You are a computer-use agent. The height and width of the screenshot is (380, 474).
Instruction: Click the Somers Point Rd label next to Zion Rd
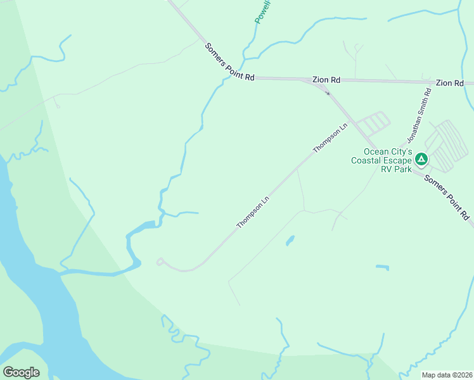pos(229,61)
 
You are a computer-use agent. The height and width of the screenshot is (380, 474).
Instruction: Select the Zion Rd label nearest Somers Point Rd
pos(326,80)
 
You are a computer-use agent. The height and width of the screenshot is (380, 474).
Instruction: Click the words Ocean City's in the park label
pos(388,152)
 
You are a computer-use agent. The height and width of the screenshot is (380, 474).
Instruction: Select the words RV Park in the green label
pos(396,169)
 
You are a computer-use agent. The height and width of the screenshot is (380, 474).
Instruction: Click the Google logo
pos(21,372)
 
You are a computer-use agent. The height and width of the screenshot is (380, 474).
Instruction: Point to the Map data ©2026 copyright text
pos(447,375)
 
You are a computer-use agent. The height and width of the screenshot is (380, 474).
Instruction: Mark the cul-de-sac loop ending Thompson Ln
pos(160,261)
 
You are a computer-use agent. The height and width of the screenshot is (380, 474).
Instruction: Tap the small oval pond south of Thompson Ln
pos(290,241)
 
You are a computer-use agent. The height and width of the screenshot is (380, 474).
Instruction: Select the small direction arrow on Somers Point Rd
pos(328,93)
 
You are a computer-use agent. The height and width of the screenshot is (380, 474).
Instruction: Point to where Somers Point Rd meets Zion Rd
pos(303,79)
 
